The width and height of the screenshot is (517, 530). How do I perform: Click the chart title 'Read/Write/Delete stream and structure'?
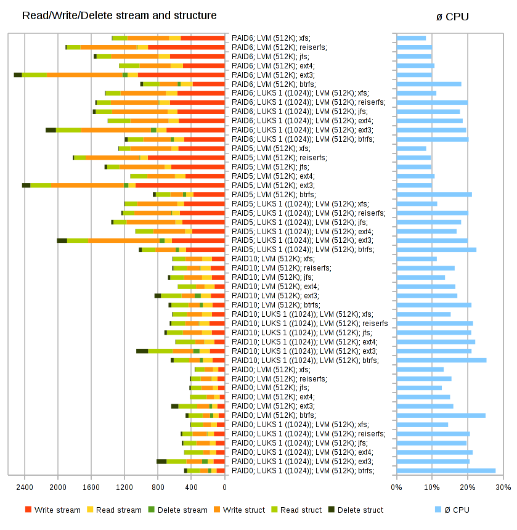pos(119,15)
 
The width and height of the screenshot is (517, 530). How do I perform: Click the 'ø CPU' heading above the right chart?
pos(452,17)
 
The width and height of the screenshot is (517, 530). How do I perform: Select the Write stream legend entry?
pos(53,510)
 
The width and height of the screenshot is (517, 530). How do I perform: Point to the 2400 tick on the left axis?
pos(25,487)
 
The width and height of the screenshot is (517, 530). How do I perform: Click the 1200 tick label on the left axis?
pos(124,487)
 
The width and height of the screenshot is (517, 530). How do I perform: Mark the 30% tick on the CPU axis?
pos(503,487)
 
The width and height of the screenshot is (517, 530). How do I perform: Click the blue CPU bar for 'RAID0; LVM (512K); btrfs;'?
pos(441,415)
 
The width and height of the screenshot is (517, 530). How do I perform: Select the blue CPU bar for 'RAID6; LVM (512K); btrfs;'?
pos(429,84)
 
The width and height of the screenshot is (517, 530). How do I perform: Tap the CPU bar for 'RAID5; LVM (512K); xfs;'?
pos(412,149)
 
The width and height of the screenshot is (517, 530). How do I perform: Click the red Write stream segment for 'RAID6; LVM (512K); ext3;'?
pos(181,75)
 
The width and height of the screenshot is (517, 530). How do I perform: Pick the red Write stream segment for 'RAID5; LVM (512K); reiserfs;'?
pos(186,158)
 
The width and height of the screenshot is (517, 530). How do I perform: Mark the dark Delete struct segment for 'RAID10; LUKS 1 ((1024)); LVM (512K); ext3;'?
pos(142,351)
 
